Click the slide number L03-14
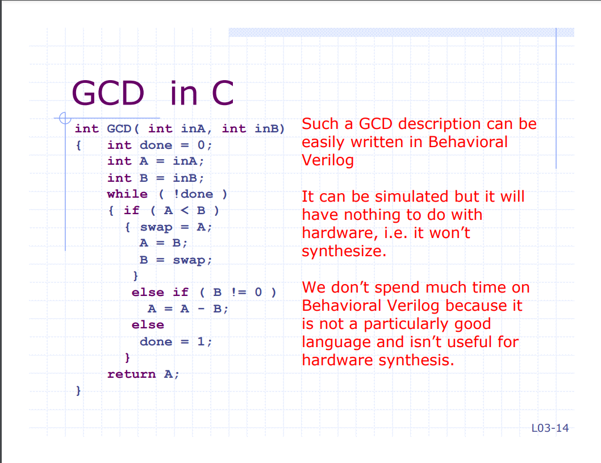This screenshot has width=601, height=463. pyautogui.click(x=550, y=428)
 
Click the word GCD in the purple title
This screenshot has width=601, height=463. pyautogui.click(x=108, y=93)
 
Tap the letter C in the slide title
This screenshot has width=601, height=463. pyautogui.click(x=223, y=93)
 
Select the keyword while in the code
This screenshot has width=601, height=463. pyautogui.click(x=127, y=194)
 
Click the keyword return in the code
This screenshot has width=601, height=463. pyautogui.click(x=131, y=374)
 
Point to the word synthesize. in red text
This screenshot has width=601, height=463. pyautogui.click(x=344, y=252)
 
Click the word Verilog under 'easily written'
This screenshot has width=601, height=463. pyautogui.click(x=328, y=160)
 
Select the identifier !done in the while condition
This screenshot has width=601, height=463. pyautogui.click(x=193, y=194)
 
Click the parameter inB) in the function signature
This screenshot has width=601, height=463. pyautogui.click(x=270, y=128)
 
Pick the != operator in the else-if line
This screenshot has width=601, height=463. pyautogui.click(x=239, y=292)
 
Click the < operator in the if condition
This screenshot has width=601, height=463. pyautogui.click(x=185, y=210)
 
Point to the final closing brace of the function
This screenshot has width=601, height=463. pyautogui.click(x=78, y=390)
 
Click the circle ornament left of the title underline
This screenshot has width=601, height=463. pyautogui.click(x=65, y=118)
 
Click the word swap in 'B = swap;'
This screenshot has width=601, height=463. pyautogui.click(x=189, y=260)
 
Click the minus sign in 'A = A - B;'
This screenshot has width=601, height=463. pyautogui.click(x=201, y=309)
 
